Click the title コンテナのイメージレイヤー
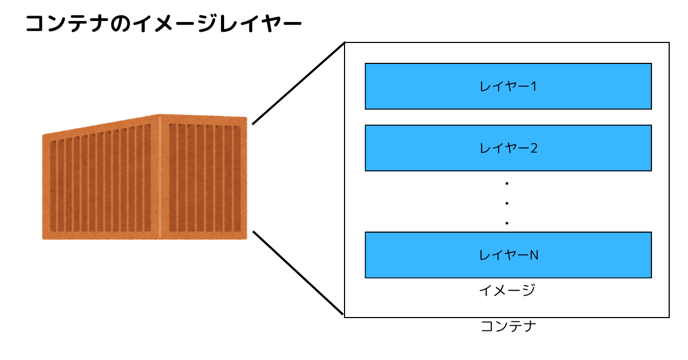(x=163, y=25)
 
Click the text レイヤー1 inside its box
(x=508, y=86)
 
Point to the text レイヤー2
(x=508, y=148)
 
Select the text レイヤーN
(x=508, y=255)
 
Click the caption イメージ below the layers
(x=507, y=291)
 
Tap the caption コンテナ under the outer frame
(x=507, y=326)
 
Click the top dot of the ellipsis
(x=507, y=184)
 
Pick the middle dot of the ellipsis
(x=507, y=203)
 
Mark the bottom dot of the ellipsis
(x=507, y=222)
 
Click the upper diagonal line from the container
(x=298, y=83)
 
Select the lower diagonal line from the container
(x=298, y=272)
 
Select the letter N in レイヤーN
(x=533, y=255)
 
